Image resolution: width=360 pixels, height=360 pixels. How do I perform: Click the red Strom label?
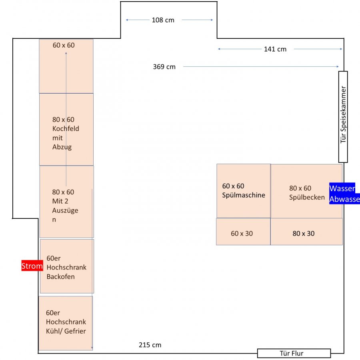click(x=32, y=266)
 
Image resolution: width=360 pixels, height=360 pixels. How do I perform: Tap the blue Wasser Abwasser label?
click(x=344, y=194)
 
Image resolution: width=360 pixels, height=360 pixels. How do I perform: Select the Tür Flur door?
click(x=294, y=353)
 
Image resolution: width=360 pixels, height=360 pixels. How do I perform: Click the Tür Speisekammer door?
click(x=343, y=117)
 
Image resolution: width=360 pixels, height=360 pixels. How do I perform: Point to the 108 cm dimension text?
click(x=163, y=20)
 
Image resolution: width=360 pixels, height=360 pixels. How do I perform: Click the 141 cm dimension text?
click(x=275, y=49)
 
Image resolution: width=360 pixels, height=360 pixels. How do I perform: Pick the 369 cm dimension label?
click(x=164, y=67)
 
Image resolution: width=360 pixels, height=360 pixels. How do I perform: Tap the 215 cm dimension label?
click(x=150, y=345)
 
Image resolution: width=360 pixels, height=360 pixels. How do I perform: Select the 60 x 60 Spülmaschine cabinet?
click(x=244, y=191)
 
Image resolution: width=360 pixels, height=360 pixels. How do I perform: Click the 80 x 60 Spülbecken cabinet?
click(x=306, y=191)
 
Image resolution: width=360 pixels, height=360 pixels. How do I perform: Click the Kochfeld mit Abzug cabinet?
click(x=66, y=129)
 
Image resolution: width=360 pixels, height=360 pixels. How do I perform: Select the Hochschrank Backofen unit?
click(x=67, y=266)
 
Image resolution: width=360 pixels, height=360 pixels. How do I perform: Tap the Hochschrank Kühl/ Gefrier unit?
click(x=66, y=323)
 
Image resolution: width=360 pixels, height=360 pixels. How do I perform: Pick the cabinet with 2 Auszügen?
click(x=66, y=202)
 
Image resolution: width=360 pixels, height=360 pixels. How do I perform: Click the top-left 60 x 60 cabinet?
click(x=66, y=66)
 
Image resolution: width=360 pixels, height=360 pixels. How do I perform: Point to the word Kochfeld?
click(x=66, y=129)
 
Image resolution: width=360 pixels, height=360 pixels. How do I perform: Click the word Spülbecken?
click(x=307, y=197)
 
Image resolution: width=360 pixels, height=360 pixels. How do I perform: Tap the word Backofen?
click(x=61, y=276)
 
